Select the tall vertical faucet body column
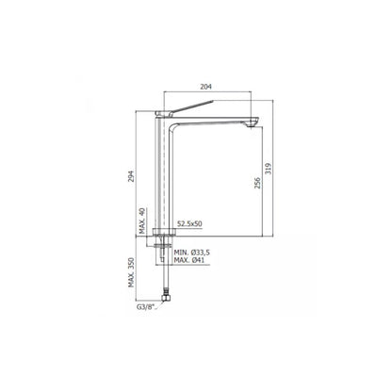click(168, 179)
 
